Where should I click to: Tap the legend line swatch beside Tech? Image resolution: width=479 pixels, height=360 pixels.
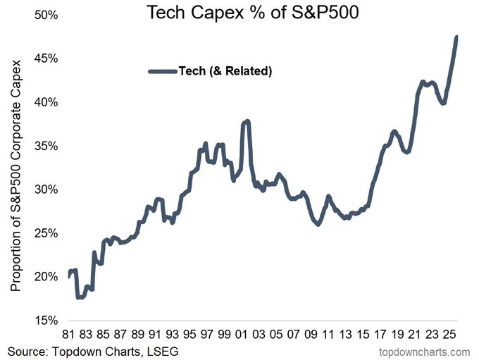tap(163, 70)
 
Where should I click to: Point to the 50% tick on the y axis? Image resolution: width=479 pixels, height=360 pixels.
tap(46, 15)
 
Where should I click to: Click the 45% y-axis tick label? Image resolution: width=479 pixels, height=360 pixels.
tap(46, 58)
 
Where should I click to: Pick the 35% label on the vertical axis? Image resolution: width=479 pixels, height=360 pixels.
tap(46, 146)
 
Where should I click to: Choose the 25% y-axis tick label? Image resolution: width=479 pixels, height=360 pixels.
tap(46, 233)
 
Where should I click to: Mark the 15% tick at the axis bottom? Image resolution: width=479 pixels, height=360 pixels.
tap(46, 320)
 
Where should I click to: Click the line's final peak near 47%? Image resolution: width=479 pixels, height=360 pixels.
tap(456, 37)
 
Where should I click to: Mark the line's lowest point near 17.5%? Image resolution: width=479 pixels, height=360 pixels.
tap(79, 297)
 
